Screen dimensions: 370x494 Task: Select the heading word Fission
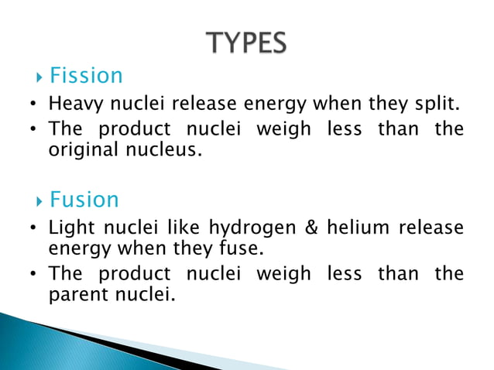point(86,76)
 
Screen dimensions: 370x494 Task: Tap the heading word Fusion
point(84,200)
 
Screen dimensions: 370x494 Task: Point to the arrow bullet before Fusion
point(40,201)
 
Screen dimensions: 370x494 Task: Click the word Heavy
point(72,104)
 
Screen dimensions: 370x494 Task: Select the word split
point(439,104)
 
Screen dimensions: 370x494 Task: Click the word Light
point(68,229)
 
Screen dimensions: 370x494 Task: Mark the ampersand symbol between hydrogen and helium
point(314,229)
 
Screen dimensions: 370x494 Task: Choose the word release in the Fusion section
point(434,229)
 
